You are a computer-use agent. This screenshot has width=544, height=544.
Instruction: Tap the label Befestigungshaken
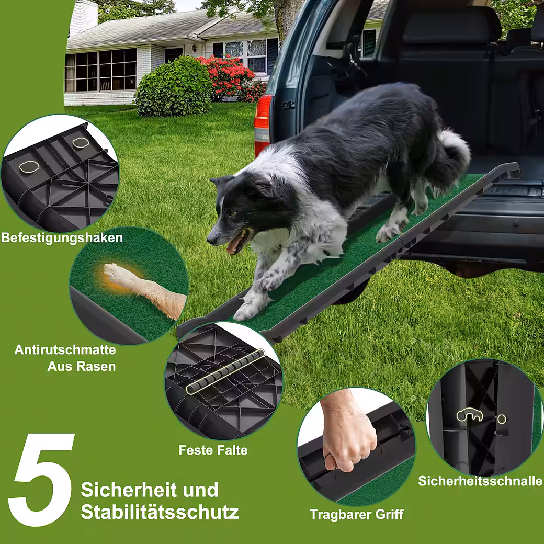click(62, 238)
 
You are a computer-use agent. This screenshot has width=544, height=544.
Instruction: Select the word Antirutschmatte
click(65, 350)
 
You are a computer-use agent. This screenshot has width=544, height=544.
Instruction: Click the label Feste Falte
click(213, 450)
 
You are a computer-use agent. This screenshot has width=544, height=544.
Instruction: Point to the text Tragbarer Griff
click(357, 514)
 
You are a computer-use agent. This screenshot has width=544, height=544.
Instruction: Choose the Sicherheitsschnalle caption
click(481, 481)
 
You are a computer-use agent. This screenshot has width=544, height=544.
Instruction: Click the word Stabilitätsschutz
click(160, 512)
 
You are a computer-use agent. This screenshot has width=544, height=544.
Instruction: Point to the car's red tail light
click(263, 125)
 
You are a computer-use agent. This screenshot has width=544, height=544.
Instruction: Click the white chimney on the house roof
click(84, 17)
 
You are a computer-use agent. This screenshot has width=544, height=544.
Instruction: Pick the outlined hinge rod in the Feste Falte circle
click(225, 372)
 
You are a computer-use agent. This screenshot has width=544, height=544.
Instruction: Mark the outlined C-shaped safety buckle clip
click(469, 415)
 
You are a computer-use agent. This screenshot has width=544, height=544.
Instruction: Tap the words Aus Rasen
click(82, 366)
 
